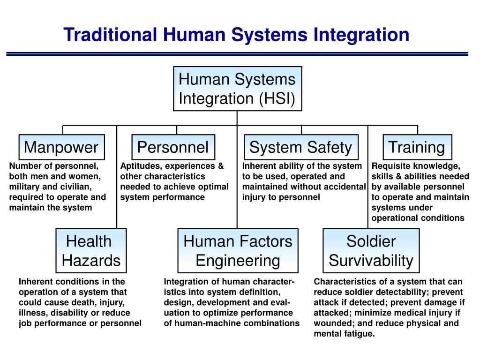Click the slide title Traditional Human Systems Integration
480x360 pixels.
pyautogui.click(x=236, y=35)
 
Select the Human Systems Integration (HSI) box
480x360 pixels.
pyautogui.click(x=237, y=89)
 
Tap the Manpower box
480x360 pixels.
pyautogui.click(x=61, y=147)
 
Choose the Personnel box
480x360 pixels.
pyautogui.click(x=173, y=147)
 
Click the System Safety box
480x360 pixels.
pyautogui.click(x=301, y=147)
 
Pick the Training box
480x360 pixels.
pyautogui.click(x=417, y=147)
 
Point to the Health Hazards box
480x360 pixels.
pyautogui.click(x=91, y=251)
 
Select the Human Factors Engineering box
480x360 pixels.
pyautogui.click(x=238, y=251)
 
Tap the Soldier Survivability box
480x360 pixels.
pyautogui.click(x=371, y=251)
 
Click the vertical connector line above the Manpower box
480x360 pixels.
pyautogui.click(x=63, y=130)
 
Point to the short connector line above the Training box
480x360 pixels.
pyautogui.click(x=417, y=130)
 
